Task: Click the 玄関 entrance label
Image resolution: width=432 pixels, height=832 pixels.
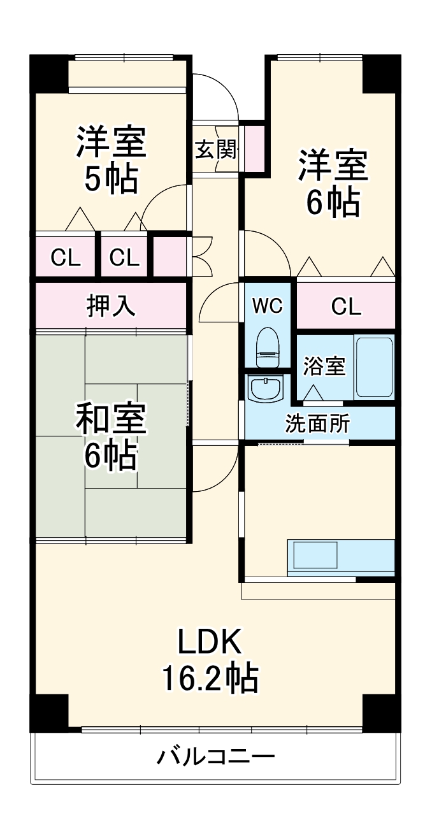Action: [x=215, y=150]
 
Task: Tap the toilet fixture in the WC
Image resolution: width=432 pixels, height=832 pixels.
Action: [x=268, y=348]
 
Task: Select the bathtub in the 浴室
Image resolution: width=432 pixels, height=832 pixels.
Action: [x=374, y=367]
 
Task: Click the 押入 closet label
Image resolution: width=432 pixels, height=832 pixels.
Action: [x=111, y=306]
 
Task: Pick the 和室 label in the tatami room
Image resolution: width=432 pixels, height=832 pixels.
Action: [x=111, y=419]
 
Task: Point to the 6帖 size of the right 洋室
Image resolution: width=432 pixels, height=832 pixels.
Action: [x=333, y=203]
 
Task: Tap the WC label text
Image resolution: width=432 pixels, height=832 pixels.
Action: [x=267, y=306]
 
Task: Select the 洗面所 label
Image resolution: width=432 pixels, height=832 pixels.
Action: [x=317, y=424]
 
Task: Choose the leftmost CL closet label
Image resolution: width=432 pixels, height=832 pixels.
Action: [x=66, y=258]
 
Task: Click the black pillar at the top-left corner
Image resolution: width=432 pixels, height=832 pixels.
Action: [x=48, y=74]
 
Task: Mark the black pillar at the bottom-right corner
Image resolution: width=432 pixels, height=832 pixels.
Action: [x=381, y=712]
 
